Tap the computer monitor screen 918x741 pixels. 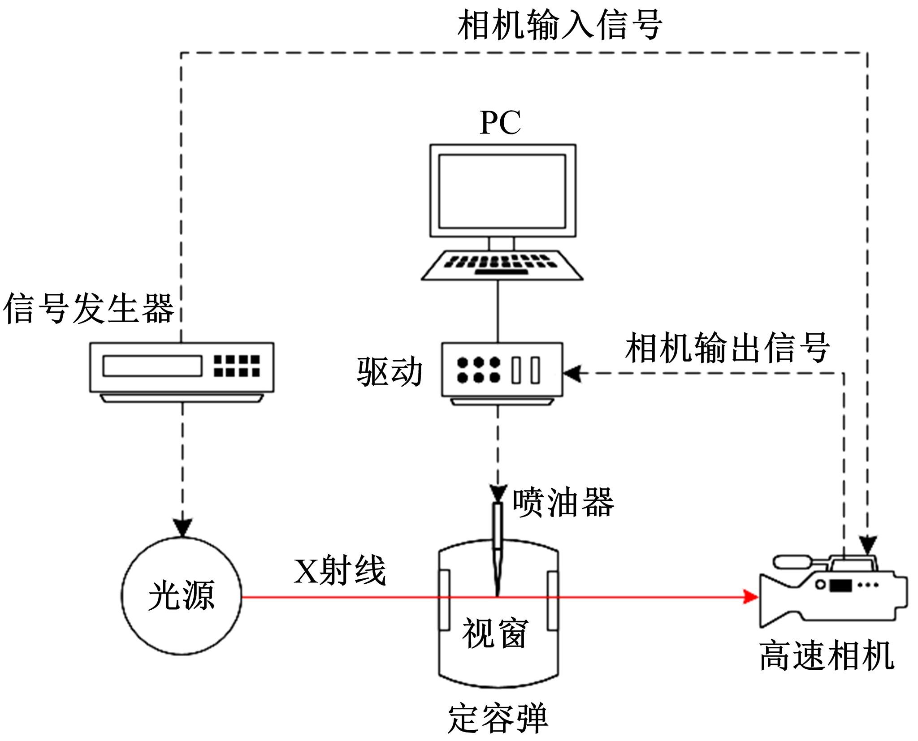coord(502,191)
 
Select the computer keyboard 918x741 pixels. coord(502,265)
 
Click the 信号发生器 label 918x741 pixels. coord(89,309)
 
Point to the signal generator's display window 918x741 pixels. coord(152,366)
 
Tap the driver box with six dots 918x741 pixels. coord(502,370)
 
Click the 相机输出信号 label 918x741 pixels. coord(727,348)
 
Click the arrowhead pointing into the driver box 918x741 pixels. coord(572,373)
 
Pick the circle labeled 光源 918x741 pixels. coord(182,596)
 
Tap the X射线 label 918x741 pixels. coord(340,571)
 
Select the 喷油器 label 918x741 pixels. coord(563,502)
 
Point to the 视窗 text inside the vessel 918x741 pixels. coord(495,633)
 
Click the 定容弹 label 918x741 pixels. coord(498,719)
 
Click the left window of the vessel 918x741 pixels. coord(444,600)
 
